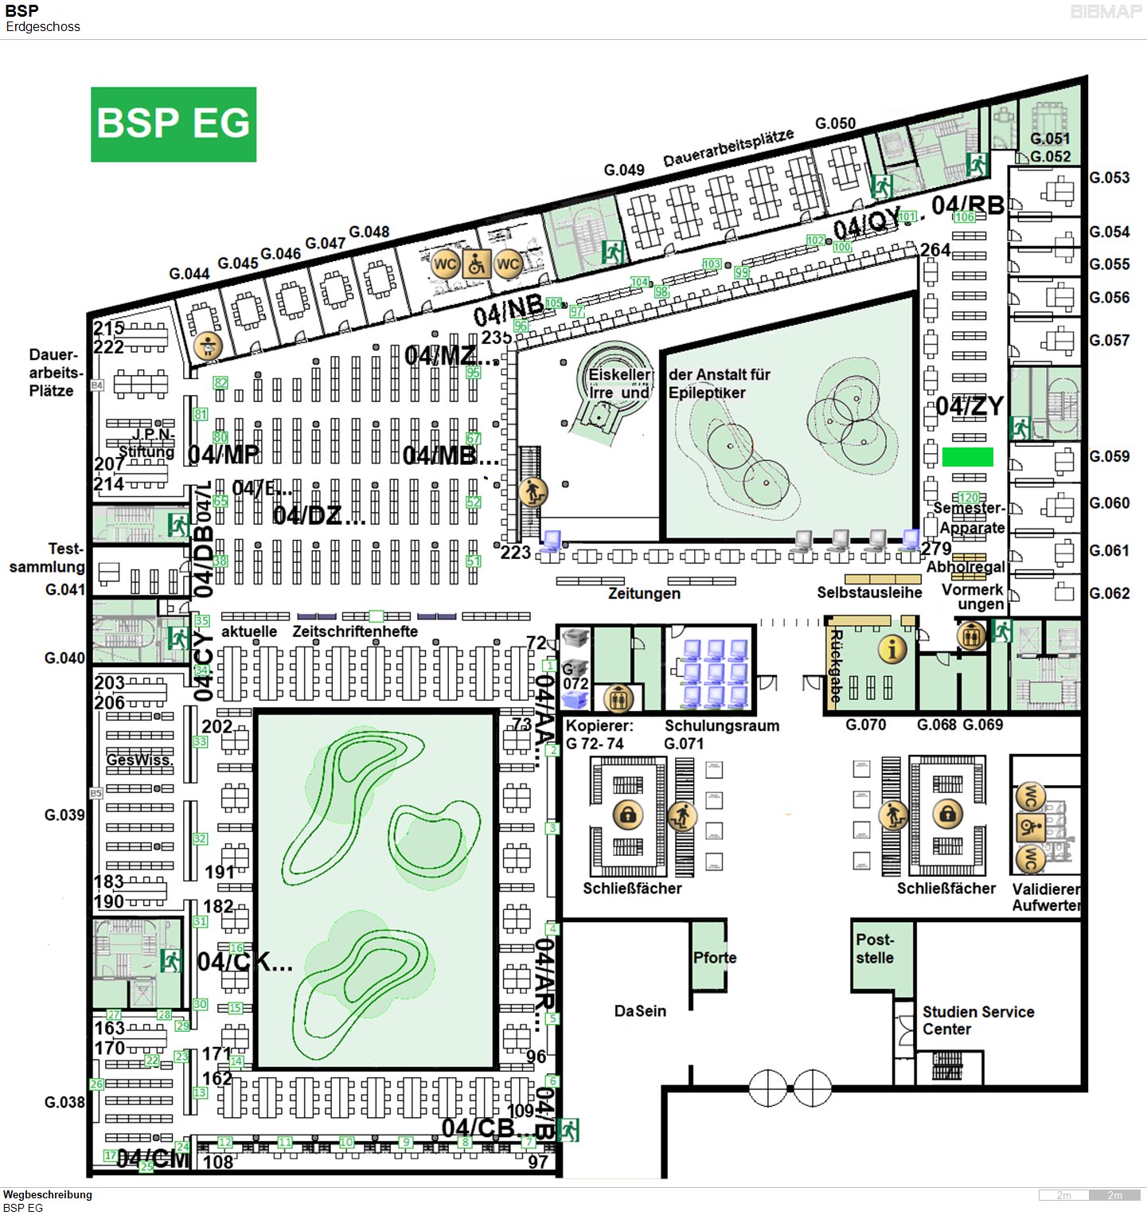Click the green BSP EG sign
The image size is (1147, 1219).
[x=174, y=124]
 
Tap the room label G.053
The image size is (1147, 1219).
[x=1109, y=178]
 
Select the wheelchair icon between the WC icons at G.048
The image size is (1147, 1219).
[x=476, y=264]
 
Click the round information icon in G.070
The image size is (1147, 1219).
[x=891, y=650]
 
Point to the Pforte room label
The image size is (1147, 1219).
[x=714, y=958]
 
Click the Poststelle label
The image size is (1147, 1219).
[x=875, y=948]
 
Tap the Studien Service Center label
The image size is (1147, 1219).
[x=977, y=1020]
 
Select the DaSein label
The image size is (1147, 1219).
[x=640, y=1011]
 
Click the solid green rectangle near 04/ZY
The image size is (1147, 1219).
[x=967, y=457]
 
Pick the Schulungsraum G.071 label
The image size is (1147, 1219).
[x=721, y=734]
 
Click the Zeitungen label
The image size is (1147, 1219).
[x=644, y=593]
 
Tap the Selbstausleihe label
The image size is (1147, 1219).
[x=869, y=592]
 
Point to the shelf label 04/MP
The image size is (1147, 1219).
[x=223, y=455]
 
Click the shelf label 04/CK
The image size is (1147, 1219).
[x=244, y=962]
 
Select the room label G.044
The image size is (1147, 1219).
[x=189, y=274]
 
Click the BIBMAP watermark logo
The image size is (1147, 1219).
[x=1106, y=12]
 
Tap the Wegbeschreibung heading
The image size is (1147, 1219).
[x=48, y=1194]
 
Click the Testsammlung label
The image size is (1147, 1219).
[x=48, y=558]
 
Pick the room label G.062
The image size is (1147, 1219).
[x=1109, y=593]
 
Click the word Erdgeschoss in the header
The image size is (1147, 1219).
[x=43, y=27]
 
